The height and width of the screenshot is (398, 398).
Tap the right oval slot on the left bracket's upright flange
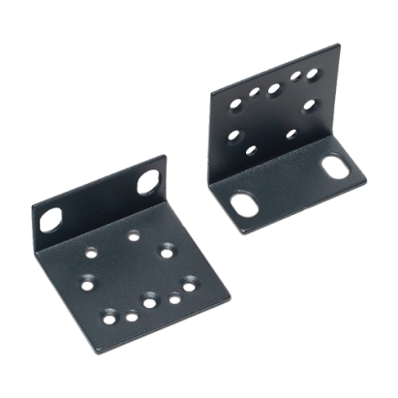[x=149, y=182]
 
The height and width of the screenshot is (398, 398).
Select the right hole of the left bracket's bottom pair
[x=130, y=315]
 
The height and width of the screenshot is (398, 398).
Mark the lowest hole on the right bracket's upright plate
[x=251, y=150]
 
